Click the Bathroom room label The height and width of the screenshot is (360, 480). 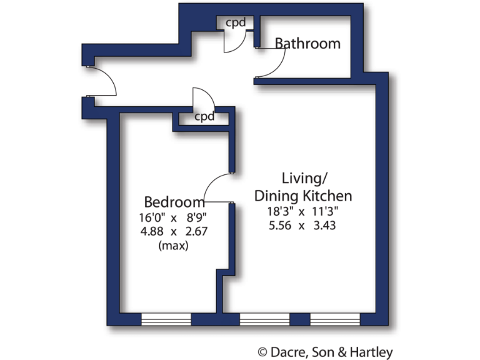coord(307,44)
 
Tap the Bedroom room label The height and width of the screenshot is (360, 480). coord(174,202)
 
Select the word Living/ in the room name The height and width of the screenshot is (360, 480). coord(302,177)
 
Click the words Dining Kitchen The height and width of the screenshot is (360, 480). coord(302,196)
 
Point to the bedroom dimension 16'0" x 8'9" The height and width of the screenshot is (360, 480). coord(173,217)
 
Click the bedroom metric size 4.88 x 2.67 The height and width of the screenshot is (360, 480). coord(173,231)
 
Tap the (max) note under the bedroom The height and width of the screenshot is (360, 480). coord(174,245)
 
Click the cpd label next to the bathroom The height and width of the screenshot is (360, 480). coord(235,22)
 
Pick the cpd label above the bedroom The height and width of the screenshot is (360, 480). coord(204,117)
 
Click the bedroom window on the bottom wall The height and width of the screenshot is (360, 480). coord(166,319)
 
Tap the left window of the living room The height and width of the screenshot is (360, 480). coord(264,319)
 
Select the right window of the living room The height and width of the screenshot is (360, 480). coord(335,319)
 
